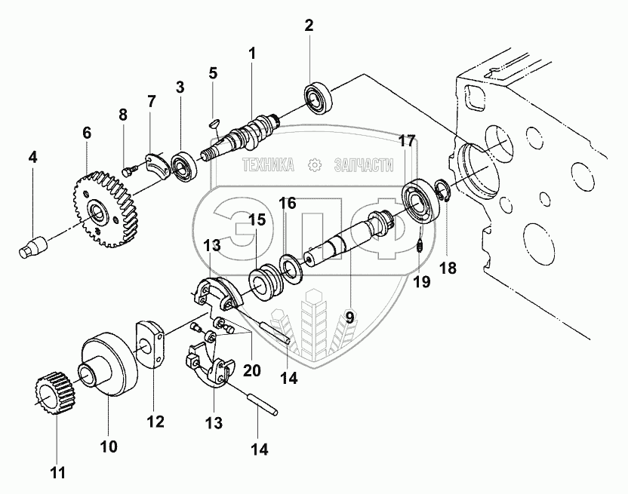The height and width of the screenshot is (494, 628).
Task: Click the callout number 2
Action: pos(309,26)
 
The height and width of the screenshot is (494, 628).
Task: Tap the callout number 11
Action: pos(57,473)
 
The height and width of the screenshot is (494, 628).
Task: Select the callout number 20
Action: pos(252,370)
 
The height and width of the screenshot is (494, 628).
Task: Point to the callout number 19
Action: pos(421,281)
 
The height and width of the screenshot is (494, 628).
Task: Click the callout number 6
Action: pos(87,133)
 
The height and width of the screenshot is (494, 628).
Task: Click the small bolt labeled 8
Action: pos(130,171)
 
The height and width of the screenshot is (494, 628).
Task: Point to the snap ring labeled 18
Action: pos(443,192)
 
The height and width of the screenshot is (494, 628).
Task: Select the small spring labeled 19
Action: pos(420,245)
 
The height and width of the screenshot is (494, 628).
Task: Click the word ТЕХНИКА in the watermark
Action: pos(268,164)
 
